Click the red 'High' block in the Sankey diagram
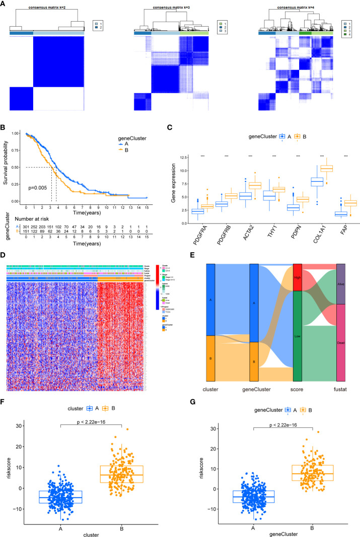(x=297, y=277)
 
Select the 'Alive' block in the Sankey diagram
(x=341, y=284)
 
